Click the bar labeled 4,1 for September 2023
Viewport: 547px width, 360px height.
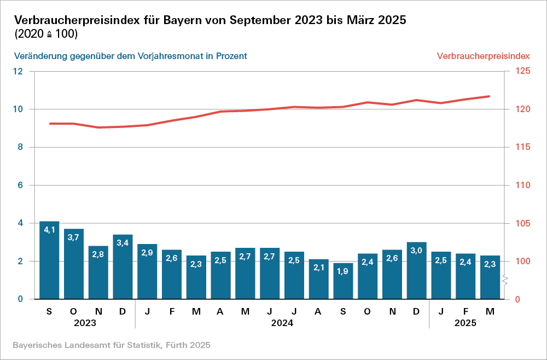click(49, 260)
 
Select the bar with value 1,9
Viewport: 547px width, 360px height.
click(343, 281)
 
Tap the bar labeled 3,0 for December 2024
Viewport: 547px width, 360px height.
click(417, 270)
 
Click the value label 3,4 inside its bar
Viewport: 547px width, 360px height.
click(123, 242)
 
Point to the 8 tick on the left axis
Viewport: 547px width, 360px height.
click(20, 147)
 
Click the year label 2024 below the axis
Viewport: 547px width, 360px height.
click(282, 323)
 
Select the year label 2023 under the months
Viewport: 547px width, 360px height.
click(85, 323)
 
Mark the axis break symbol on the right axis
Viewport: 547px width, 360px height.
click(506, 281)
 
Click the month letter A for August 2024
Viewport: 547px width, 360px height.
click(318, 311)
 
